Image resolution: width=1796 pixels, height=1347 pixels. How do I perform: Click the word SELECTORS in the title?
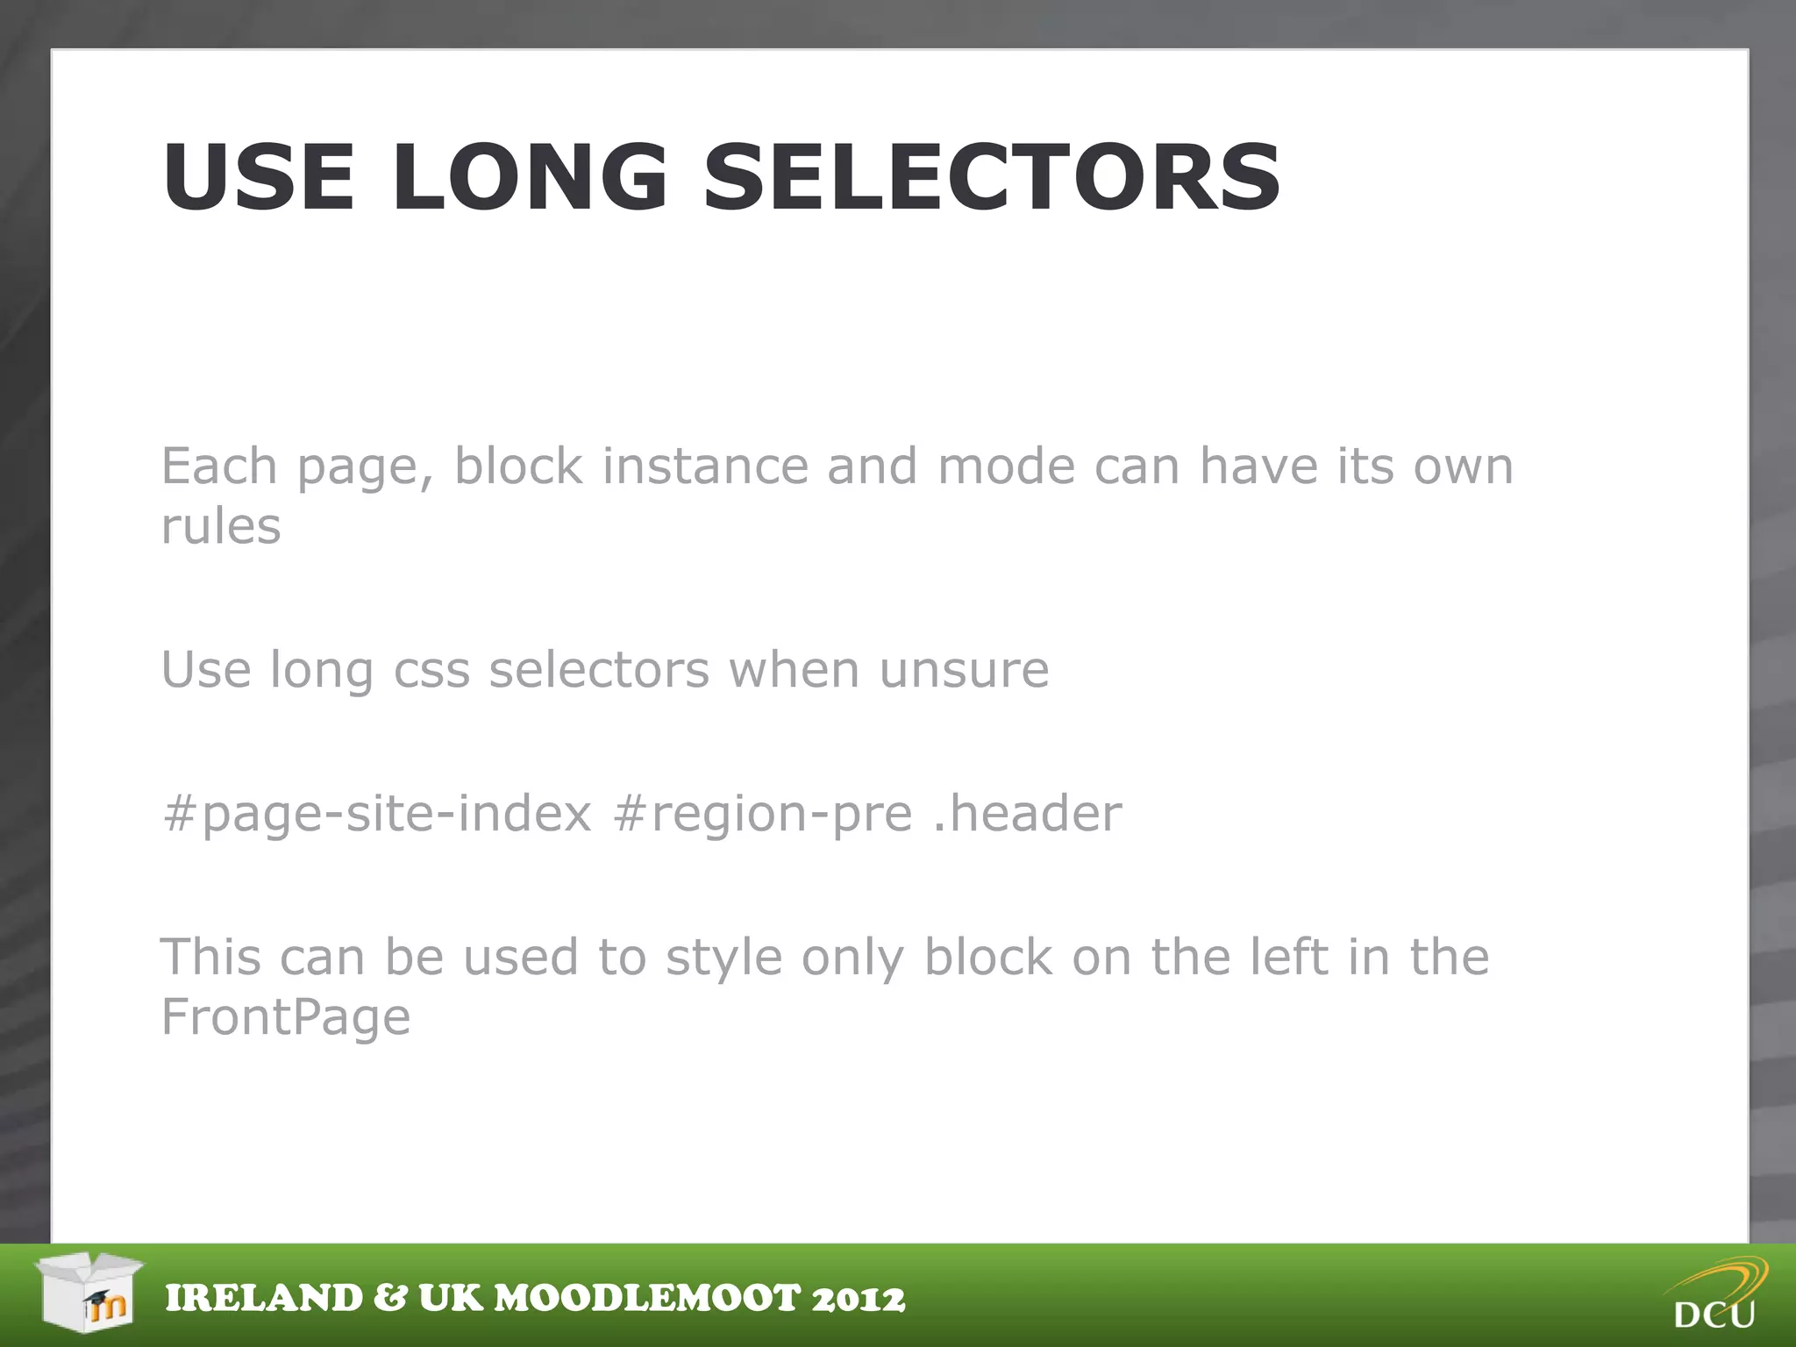pyautogui.click(x=992, y=178)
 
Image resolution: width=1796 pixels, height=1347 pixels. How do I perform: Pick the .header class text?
pyautogui.click(x=1027, y=813)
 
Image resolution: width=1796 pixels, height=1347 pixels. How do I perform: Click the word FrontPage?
pyautogui.click(x=286, y=1017)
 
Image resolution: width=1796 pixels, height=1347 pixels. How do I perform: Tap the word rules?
pyautogui.click(x=221, y=526)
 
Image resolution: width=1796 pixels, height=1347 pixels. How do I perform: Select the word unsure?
pyautogui.click(x=964, y=671)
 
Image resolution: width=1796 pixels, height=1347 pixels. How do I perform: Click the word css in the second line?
pyautogui.click(x=431, y=671)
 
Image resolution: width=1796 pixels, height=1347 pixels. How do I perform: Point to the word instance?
pyautogui.click(x=705, y=466)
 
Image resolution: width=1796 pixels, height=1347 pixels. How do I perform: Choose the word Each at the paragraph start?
pyautogui.click(x=219, y=466)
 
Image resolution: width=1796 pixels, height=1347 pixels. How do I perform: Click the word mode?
pyautogui.click(x=1006, y=466)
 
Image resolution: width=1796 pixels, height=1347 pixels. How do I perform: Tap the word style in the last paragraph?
pyautogui.click(x=723, y=957)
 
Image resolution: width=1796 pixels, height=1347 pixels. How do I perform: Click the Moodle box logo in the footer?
pyautogui.click(x=89, y=1292)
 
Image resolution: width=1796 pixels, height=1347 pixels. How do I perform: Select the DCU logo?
pyautogui.click(x=1716, y=1294)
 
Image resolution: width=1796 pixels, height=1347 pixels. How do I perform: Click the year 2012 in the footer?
pyautogui.click(x=858, y=1299)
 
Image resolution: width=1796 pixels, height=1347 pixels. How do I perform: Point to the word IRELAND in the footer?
pyautogui.click(x=264, y=1299)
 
